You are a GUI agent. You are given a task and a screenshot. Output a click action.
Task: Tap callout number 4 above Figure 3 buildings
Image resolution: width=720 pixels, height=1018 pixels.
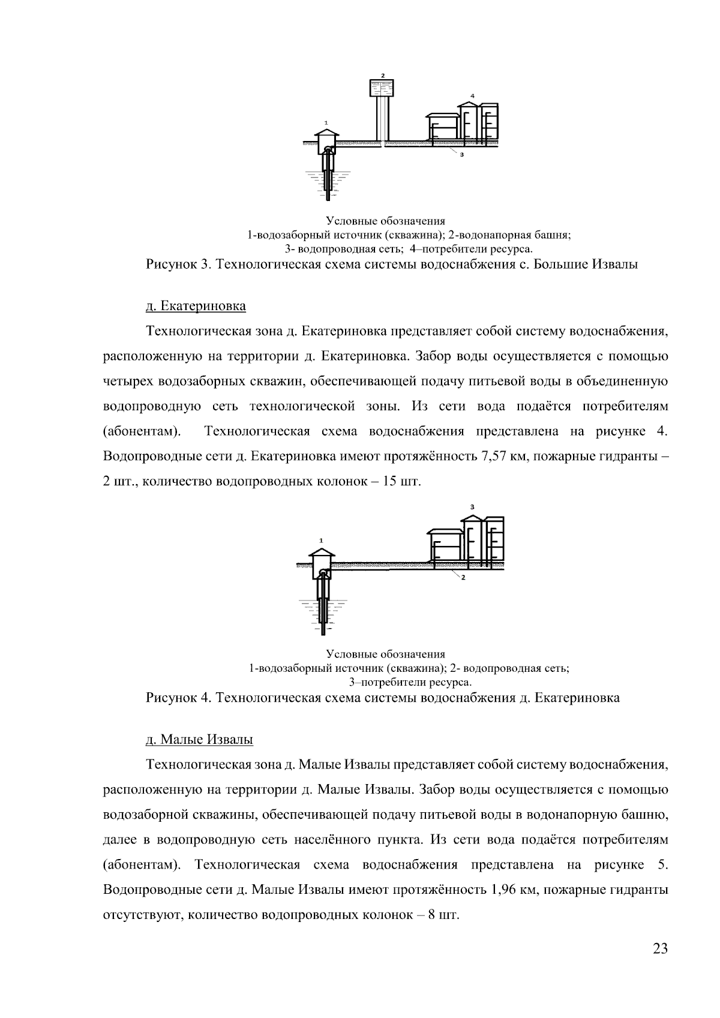(x=472, y=96)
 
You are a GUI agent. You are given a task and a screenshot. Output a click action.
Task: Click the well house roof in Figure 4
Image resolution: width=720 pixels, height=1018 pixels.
(x=323, y=552)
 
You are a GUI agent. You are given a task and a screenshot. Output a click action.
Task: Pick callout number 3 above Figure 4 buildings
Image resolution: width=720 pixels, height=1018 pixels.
(x=472, y=507)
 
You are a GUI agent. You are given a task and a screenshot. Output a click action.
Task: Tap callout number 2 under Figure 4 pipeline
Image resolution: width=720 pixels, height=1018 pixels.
(x=463, y=578)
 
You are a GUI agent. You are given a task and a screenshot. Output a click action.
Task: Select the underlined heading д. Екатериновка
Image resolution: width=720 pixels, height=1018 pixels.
(x=196, y=306)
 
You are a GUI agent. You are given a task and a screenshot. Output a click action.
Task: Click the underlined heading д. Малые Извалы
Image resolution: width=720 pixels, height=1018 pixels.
(x=199, y=739)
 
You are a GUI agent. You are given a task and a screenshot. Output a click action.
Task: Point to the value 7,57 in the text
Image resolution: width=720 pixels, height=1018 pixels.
(x=496, y=457)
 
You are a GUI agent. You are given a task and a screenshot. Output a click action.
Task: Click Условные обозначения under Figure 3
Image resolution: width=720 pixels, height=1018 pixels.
(x=385, y=221)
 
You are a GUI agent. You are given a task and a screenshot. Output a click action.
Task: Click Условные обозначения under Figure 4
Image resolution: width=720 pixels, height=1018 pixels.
(x=385, y=654)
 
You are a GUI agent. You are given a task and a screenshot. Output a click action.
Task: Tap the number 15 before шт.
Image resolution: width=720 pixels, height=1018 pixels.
(x=391, y=482)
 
